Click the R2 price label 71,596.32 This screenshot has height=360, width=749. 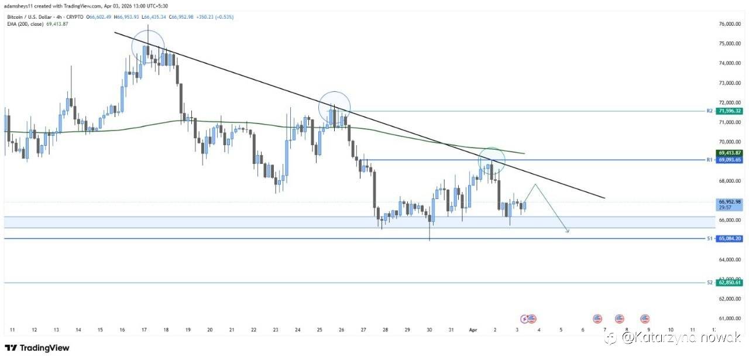(x=730, y=111)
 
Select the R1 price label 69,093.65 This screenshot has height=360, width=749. (x=730, y=160)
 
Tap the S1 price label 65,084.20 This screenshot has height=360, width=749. (x=730, y=239)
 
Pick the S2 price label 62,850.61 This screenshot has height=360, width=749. (x=730, y=283)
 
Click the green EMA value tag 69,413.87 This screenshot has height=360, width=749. (x=730, y=152)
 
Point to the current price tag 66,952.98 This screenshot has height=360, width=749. (x=730, y=202)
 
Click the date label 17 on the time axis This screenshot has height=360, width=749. (x=144, y=330)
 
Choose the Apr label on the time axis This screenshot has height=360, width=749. (x=474, y=330)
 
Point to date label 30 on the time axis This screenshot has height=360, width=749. (x=430, y=330)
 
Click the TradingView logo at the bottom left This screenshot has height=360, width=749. (x=37, y=348)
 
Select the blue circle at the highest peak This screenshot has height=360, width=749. (x=148, y=47)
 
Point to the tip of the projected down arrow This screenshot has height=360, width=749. (x=568, y=232)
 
